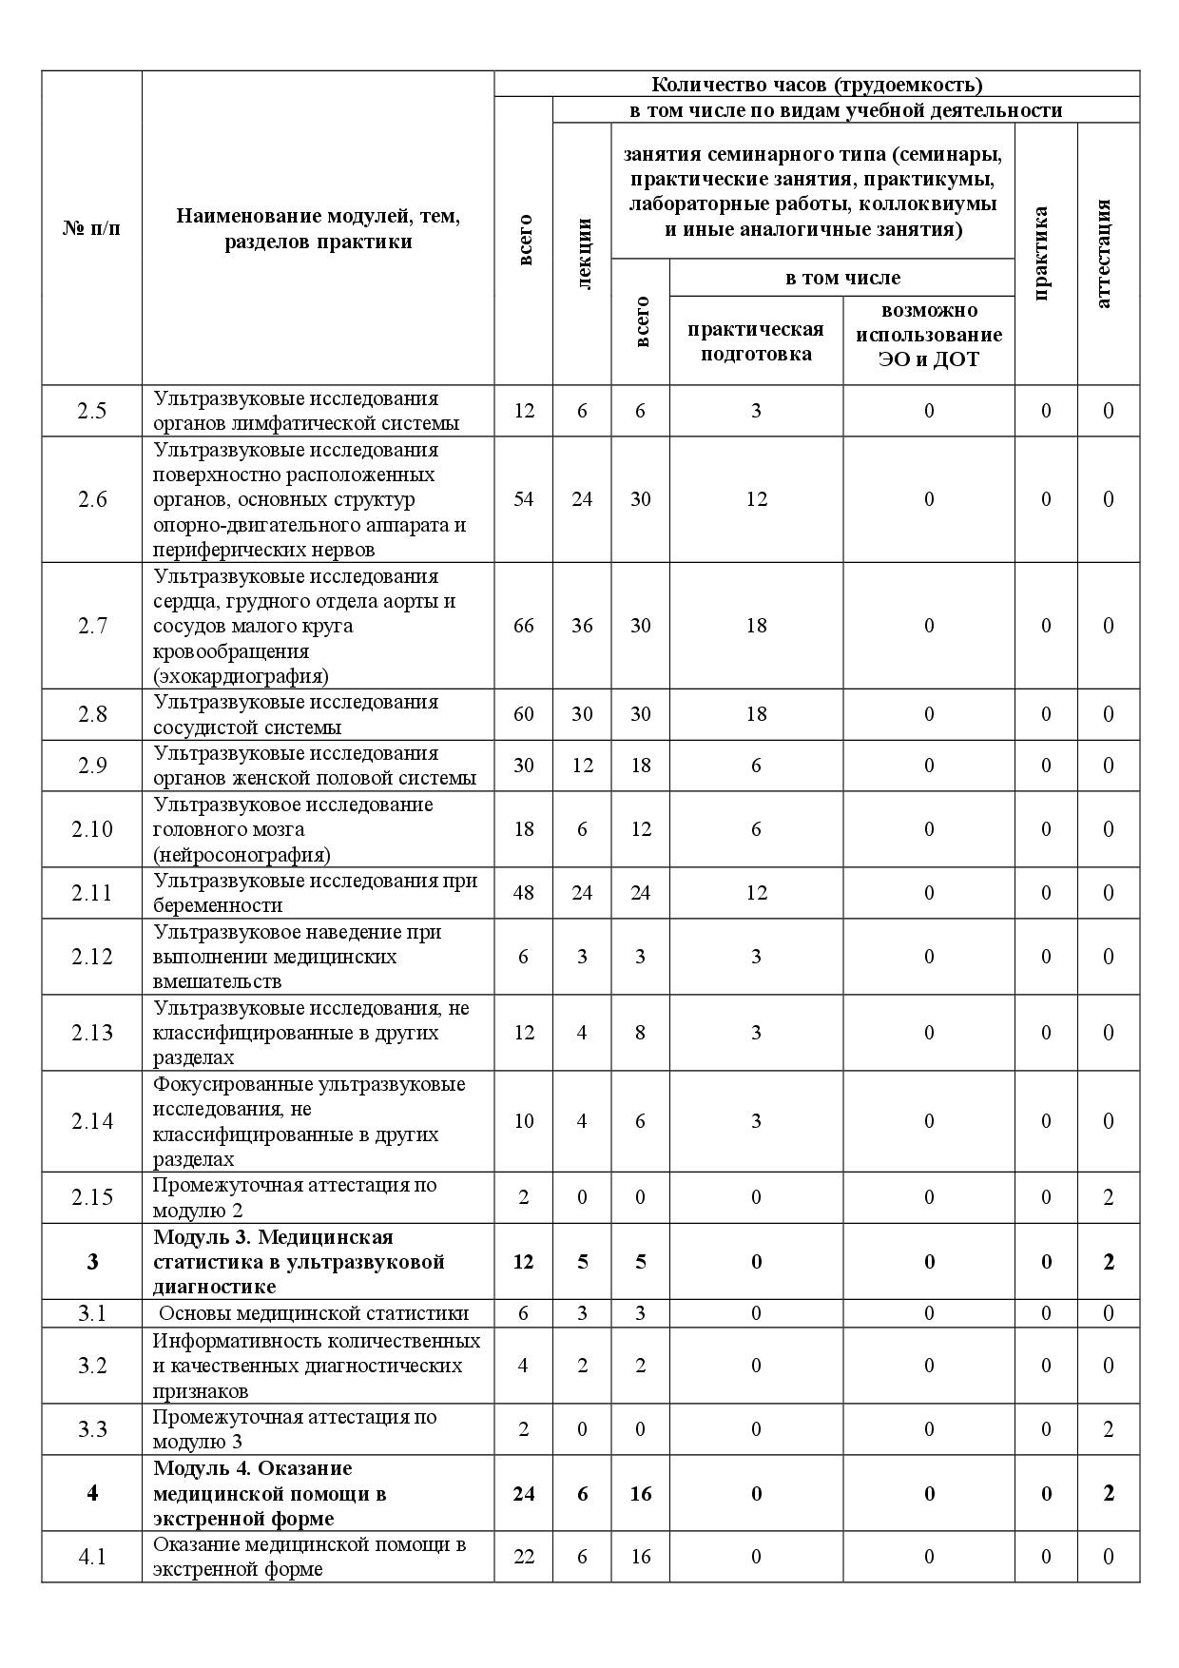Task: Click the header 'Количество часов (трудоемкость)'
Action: [817, 84]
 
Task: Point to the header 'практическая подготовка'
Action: [756, 341]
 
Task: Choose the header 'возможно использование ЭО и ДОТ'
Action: [929, 335]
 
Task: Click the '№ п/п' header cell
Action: [92, 228]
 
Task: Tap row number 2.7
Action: [92, 626]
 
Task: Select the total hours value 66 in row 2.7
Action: [524, 626]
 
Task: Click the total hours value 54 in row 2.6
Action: [524, 499]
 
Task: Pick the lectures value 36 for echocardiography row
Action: [582, 626]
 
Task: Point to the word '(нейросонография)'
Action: [242, 854]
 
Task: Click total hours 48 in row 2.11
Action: [524, 893]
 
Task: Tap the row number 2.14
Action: [92, 1121]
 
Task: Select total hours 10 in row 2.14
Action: [524, 1121]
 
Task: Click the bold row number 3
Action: [92, 1262]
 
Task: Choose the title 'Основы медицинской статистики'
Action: [314, 1313]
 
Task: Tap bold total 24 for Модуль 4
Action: [524, 1494]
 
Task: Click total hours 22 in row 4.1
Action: [524, 1557]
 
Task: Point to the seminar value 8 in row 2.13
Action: [640, 1033]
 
